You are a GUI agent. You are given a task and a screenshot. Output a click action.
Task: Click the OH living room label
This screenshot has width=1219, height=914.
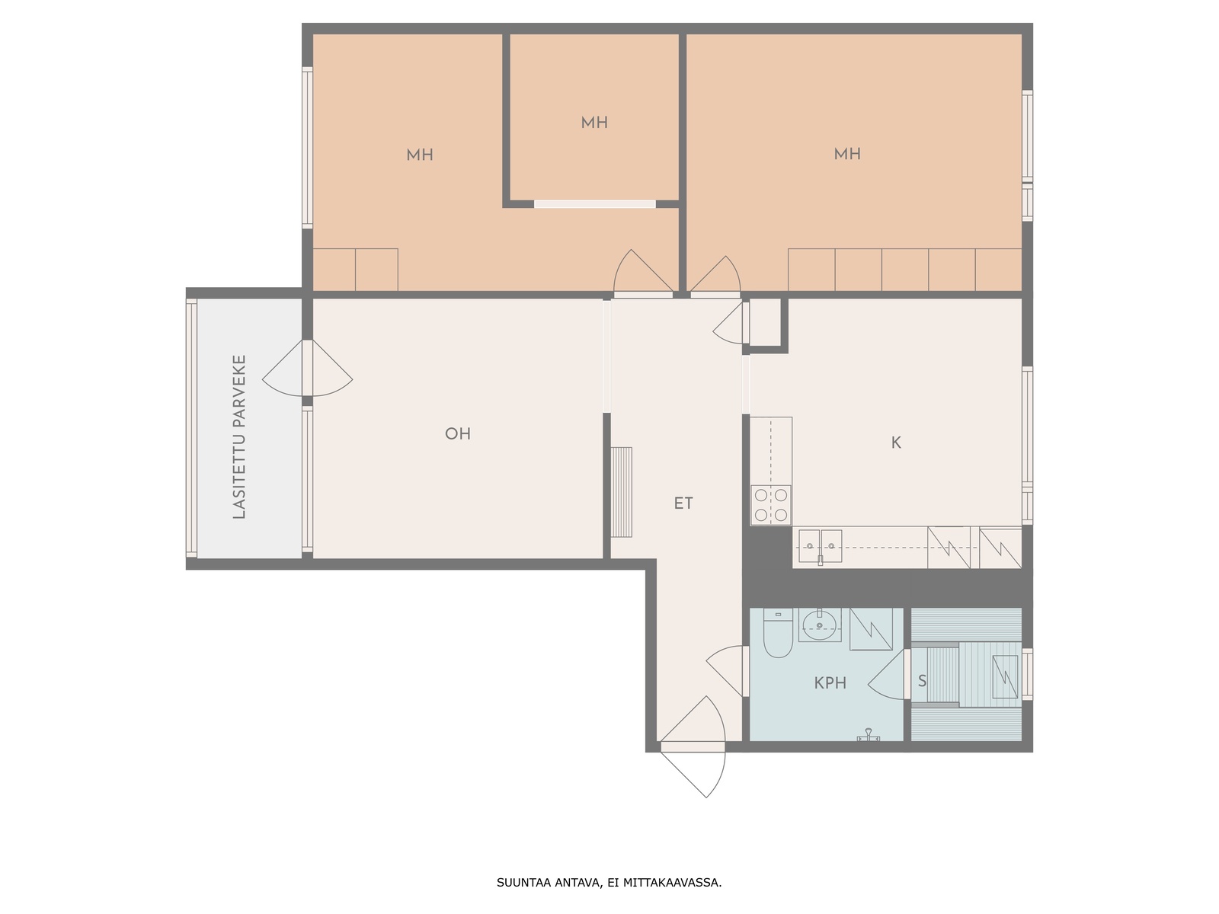[458, 433]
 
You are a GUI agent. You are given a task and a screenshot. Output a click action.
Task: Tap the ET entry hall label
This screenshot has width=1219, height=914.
[683, 503]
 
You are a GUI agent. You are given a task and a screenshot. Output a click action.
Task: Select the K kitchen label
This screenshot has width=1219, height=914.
[896, 443]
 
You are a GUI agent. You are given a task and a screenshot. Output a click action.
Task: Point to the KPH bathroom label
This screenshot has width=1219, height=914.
[830, 682]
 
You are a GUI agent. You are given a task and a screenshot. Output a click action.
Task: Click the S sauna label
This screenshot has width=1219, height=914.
[922, 680]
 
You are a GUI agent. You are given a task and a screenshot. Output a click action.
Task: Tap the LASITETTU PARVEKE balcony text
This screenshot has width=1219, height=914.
[239, 436]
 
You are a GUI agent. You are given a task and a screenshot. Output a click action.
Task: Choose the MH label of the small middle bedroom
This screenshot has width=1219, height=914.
[594, 123]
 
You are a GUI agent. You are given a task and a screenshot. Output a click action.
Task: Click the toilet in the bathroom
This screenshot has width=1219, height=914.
[778, 633]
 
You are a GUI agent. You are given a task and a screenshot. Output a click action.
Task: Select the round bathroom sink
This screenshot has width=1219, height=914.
[820, 625]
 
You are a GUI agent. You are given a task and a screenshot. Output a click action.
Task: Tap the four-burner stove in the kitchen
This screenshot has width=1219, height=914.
[771, 504]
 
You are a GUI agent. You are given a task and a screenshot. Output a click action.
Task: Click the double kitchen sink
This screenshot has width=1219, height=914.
[821, 547]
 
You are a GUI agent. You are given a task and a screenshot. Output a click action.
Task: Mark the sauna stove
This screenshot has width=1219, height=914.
[1005, 676]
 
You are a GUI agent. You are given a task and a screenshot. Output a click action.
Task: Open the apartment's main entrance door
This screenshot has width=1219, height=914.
[693, 747]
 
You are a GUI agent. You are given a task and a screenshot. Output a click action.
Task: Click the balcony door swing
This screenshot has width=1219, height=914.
[307, 368]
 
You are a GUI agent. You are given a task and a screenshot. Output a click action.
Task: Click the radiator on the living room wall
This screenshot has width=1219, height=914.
[622, 492]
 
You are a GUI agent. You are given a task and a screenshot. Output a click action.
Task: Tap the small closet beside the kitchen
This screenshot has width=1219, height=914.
[765, 322]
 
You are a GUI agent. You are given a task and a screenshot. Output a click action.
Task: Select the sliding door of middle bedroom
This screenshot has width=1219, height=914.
[595, 204]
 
